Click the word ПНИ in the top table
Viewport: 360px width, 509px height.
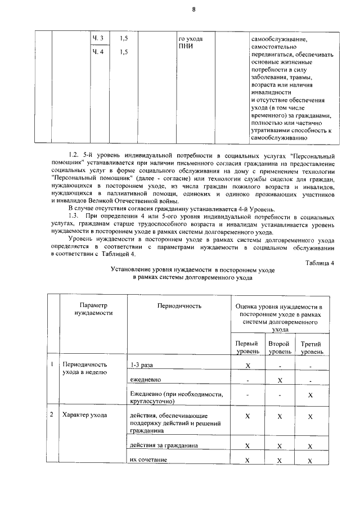(x=185, y=46)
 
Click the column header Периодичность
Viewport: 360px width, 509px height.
(x=179, y=305)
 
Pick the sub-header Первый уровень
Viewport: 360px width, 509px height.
(x=247, y=347)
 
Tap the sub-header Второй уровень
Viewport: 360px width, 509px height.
(x=280, y=347)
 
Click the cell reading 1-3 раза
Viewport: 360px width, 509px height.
(x=141, y=365)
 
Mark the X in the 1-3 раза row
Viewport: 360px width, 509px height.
(x=247, y=366)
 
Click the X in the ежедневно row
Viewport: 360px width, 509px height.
(x=280, y=380)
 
